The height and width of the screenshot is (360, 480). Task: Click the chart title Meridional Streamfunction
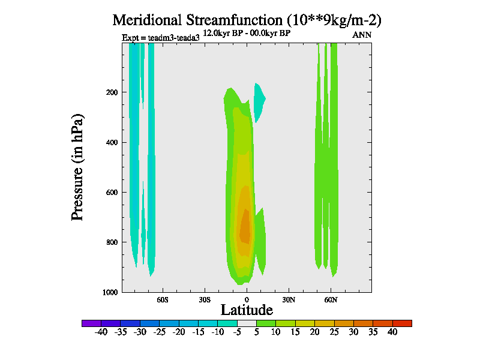click(247, 20)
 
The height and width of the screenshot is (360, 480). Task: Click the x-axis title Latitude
click(247, 310)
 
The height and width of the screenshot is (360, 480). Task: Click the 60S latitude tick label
click(163, 299)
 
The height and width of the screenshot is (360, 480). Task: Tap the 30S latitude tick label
click(205, 299)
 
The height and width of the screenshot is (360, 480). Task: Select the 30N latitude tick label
click(289, 299)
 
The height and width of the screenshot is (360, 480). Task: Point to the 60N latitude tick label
click(331, 299)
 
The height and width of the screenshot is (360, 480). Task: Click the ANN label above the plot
click(362, 35)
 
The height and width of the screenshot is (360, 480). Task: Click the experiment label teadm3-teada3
click(160, 38)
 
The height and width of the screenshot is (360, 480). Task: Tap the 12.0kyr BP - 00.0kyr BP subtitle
click(247, 33)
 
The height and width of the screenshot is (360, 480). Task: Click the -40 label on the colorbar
click(101, 331)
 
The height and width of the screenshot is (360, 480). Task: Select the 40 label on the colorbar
click(392, 331)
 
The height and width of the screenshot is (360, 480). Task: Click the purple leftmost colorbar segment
click(91, 323)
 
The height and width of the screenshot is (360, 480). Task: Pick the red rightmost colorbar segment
click(402, 323)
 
